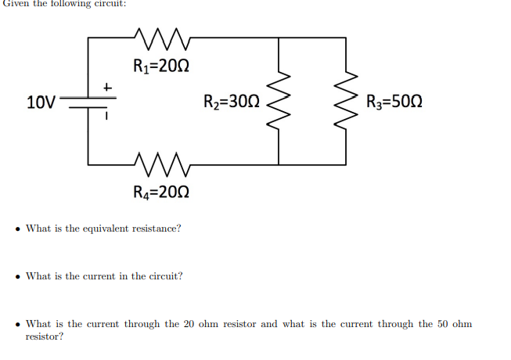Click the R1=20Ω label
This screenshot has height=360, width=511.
tap(160, 65)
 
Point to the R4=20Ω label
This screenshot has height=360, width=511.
tap(160, 192)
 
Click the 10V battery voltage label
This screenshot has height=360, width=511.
tap(41, 102)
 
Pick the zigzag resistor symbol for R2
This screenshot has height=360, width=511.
tap(279, 102)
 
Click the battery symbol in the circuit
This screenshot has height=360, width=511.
tap(88, 102)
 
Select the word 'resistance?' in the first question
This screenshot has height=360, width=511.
tap(156, 229)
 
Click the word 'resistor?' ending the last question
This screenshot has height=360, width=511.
tap(45, 337)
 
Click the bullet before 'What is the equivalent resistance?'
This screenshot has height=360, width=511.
tap(17, 229)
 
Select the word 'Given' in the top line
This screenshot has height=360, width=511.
tap(14, 3)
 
